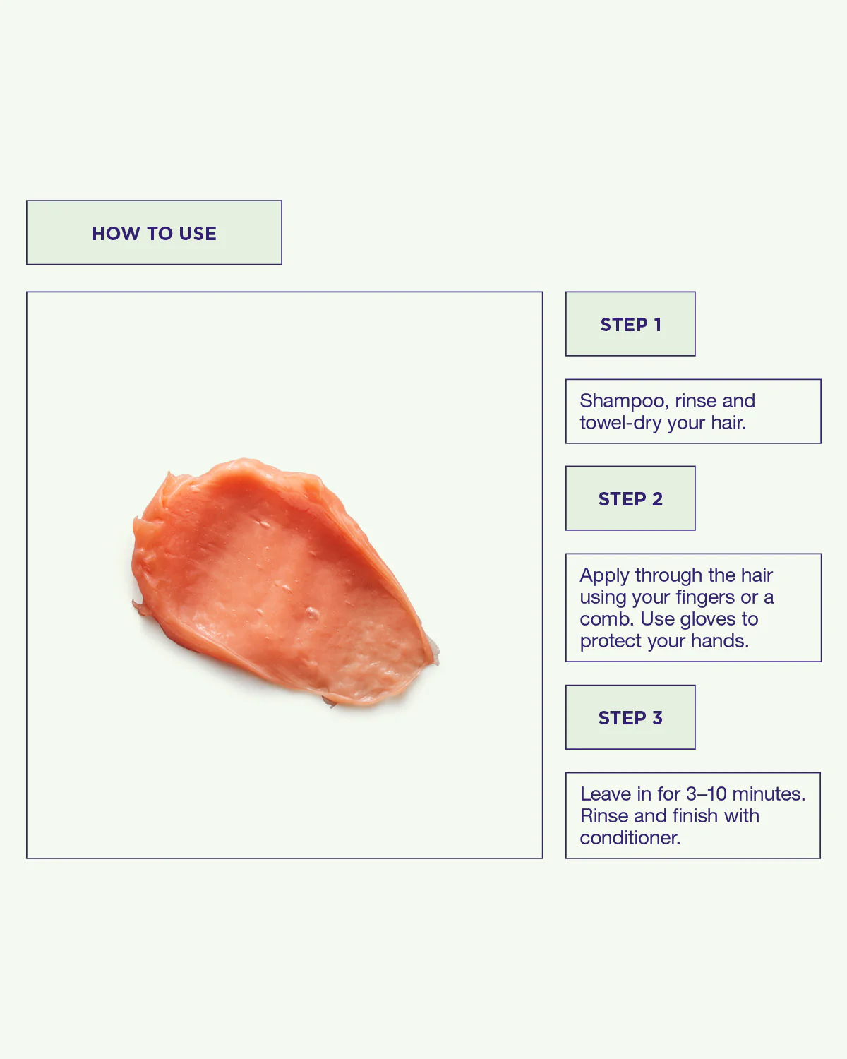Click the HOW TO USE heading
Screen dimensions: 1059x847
[154, 233]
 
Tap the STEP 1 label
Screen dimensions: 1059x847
[630, 325]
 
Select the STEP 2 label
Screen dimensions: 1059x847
[630, 499]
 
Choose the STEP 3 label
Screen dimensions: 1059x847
[630, 718]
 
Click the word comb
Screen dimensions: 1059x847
[607, 619]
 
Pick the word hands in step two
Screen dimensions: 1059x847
[719, 641]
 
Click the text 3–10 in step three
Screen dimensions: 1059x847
[706, 794]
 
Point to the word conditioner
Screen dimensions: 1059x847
[630, 838]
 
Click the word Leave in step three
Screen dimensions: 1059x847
[605, 794]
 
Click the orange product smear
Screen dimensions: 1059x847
[282, 579]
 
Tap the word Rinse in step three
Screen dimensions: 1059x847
[604, 816]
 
